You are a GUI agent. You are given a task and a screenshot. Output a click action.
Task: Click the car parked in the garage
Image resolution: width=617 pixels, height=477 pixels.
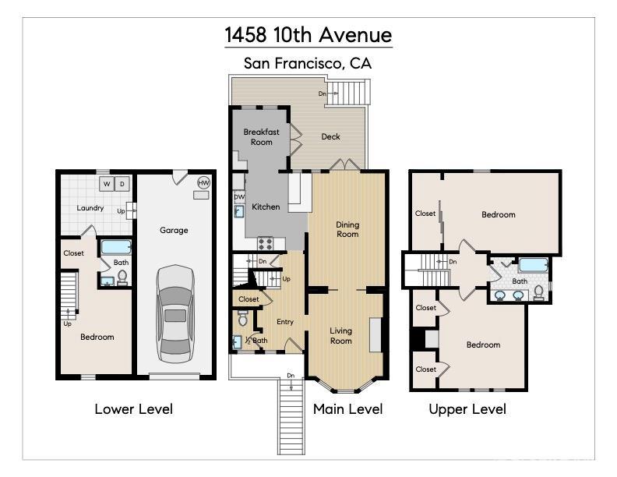(175, 314)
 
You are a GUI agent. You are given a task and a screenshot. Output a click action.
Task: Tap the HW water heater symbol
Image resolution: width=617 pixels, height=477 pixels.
(203, 182)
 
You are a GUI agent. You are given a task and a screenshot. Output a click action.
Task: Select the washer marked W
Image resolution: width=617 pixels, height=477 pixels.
(107, 184)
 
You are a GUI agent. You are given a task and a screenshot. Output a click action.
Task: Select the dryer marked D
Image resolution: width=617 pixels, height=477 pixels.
(122, 184)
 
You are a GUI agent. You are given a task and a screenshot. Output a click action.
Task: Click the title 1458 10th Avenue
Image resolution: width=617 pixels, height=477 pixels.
(308, 35)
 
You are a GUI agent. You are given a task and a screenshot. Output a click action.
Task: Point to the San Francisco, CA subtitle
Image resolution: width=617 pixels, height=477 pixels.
(308, 64)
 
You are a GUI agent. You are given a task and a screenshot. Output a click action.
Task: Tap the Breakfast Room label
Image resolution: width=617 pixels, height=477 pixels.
(261, 137)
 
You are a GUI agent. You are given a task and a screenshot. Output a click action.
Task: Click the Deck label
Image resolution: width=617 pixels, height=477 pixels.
(330, 137)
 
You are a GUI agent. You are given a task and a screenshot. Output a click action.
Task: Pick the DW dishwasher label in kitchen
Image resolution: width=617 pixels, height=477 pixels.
(239, 197)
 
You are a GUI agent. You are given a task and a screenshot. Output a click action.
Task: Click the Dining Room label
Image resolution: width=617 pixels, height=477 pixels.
(347, 229)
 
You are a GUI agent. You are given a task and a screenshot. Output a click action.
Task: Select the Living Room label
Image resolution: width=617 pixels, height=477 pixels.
(341, 335)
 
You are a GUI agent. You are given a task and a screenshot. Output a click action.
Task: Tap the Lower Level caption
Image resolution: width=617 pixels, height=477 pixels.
(133, 409)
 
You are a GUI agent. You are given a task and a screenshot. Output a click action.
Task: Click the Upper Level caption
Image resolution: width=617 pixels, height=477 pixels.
(467, 409)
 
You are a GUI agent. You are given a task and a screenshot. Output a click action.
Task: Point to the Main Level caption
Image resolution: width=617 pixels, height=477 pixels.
(347, 409)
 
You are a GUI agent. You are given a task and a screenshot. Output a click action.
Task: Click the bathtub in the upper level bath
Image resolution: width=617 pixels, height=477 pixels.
(534, 264)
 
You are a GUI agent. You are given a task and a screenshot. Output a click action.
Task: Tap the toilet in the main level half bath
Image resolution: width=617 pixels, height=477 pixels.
(242, 319)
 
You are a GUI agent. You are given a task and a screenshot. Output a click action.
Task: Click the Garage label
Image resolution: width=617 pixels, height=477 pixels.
(174, 230)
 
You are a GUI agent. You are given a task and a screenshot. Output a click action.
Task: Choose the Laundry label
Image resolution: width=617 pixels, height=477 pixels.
(90, 208)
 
